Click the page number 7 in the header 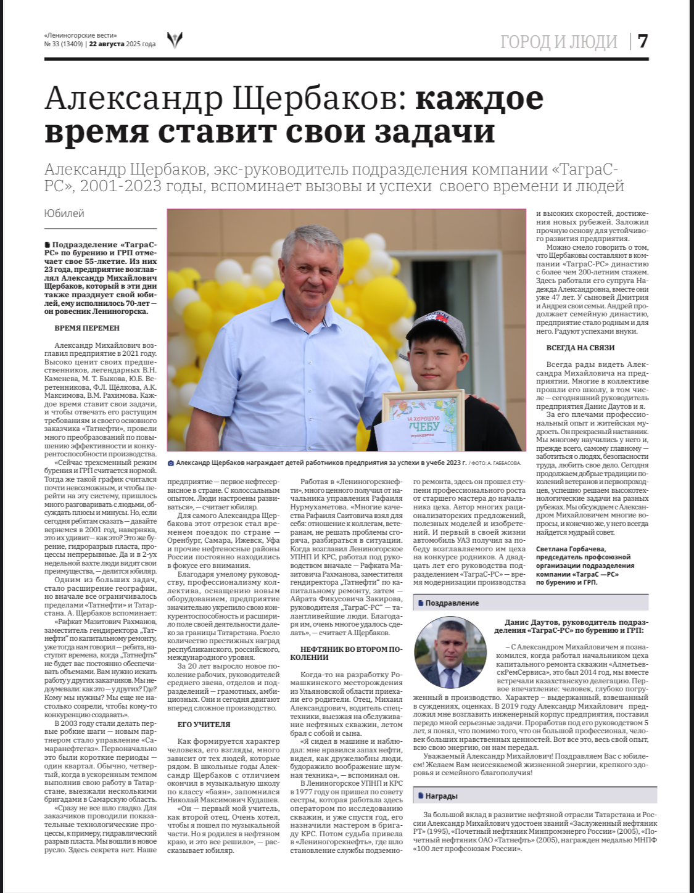(643, 41)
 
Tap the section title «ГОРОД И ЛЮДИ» (558, 41)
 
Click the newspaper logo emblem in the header (175, 40)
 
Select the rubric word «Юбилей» (64, 213)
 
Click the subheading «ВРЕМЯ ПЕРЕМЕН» (87, 328)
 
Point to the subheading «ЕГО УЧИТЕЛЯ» (204, 725)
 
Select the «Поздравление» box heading (452, 603)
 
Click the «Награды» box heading (440, 796)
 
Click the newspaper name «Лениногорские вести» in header (81, 35)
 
